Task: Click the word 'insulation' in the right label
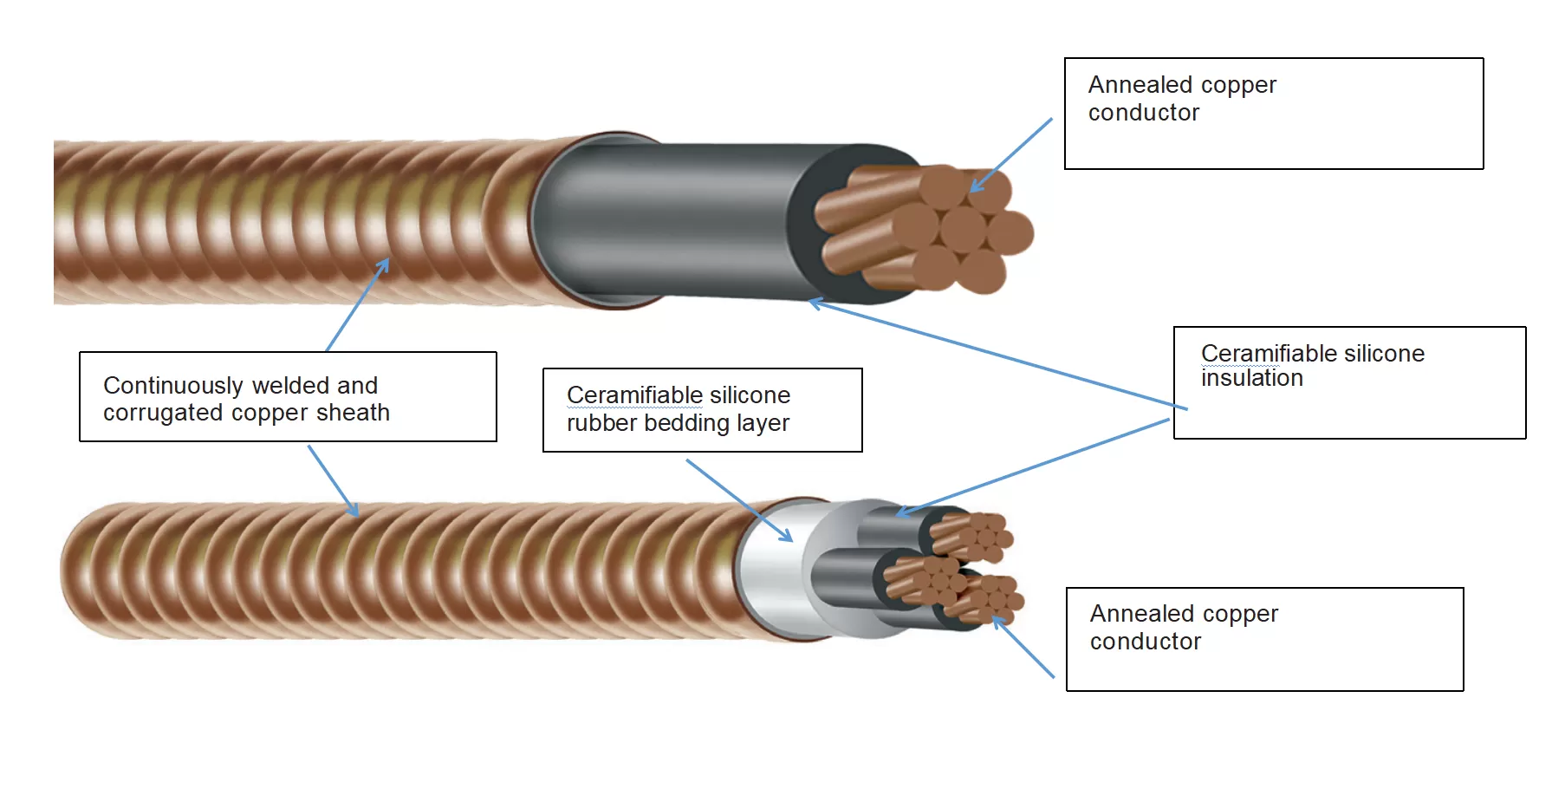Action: [x=1251, y=378]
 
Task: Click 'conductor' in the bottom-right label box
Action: [x=1145, y=642]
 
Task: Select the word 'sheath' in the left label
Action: [x=353, y=413]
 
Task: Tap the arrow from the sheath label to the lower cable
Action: [x=333, y=481]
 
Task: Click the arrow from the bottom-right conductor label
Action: [x=1023, y=647]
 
